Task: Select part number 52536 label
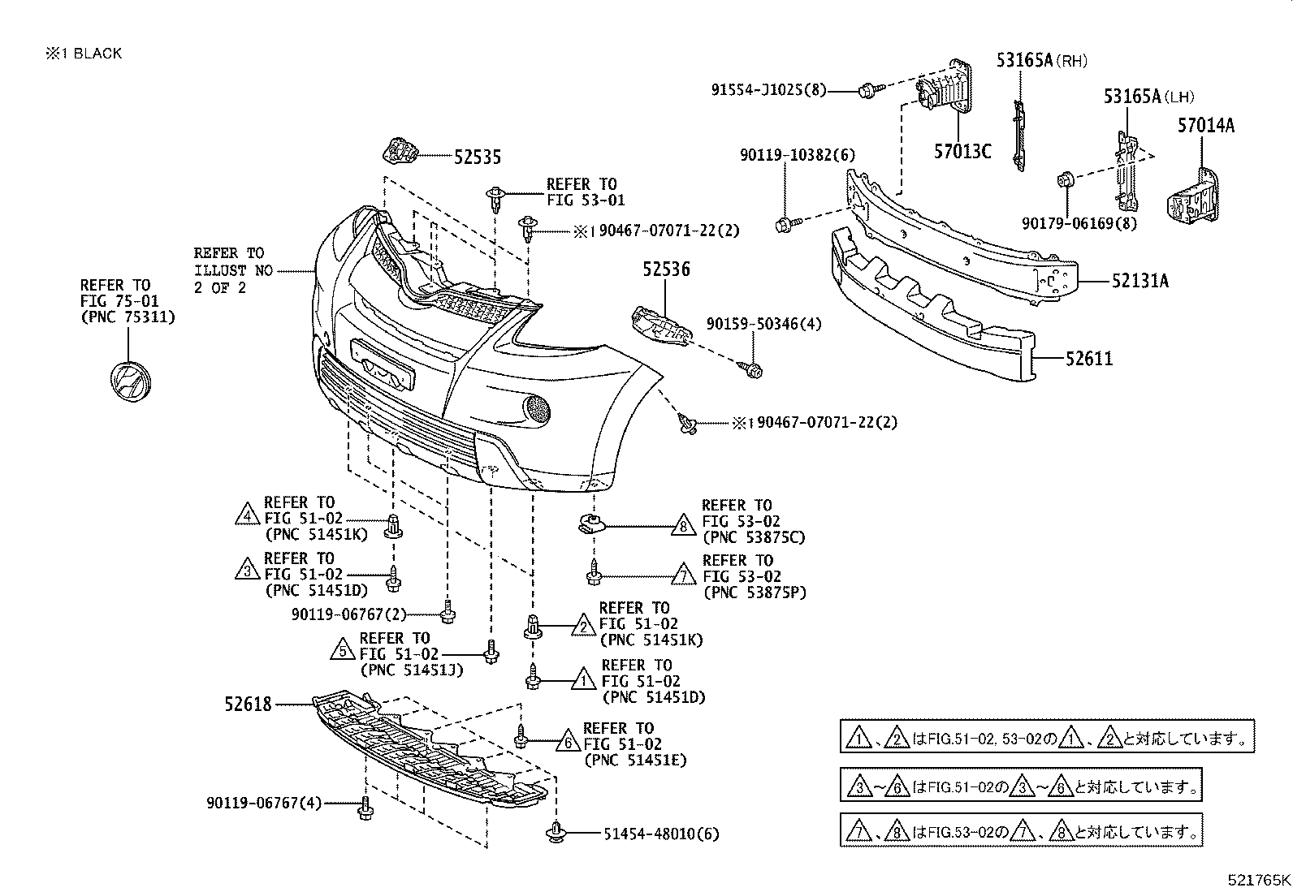click(x=666, y=269)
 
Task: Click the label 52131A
click(x=1139, y=282)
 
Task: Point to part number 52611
click(x=1089, y=359)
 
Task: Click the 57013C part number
click(x=962, y=152)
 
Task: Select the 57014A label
click(x=1206, y=126)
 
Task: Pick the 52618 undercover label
click(x=249, y=705)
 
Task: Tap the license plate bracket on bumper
click(x=383, y=363)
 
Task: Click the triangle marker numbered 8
click(x=684, y=528)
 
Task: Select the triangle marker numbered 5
click(x=344, y=649)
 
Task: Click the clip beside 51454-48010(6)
click(x=556, y=831)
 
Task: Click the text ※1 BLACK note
click(x=84, y=54)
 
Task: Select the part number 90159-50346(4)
click(x=763, y=325)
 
